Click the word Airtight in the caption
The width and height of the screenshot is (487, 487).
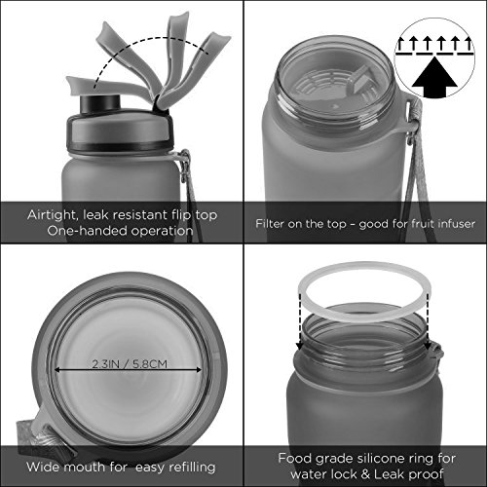point(52,215)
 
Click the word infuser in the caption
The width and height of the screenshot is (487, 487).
point(456,223)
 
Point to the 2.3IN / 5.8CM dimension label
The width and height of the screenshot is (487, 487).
point(130,364)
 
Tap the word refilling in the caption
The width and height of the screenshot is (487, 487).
point(192,467)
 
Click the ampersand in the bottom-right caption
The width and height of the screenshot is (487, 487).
point(365,474)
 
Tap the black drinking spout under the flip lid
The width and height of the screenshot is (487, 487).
point(100,103)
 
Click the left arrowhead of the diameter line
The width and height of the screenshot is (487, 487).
point(57,370)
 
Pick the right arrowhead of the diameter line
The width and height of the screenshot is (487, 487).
point(199,370)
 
